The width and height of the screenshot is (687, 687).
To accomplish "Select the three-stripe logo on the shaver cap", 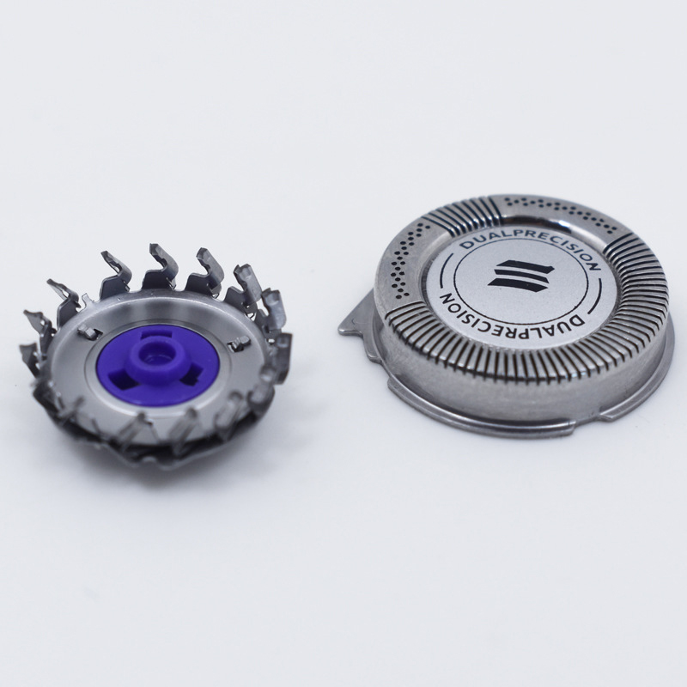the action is point(521,276).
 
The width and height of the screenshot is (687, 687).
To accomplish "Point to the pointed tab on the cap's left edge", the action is point(356,316).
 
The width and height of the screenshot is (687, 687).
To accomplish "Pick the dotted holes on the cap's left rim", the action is point(402,262).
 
